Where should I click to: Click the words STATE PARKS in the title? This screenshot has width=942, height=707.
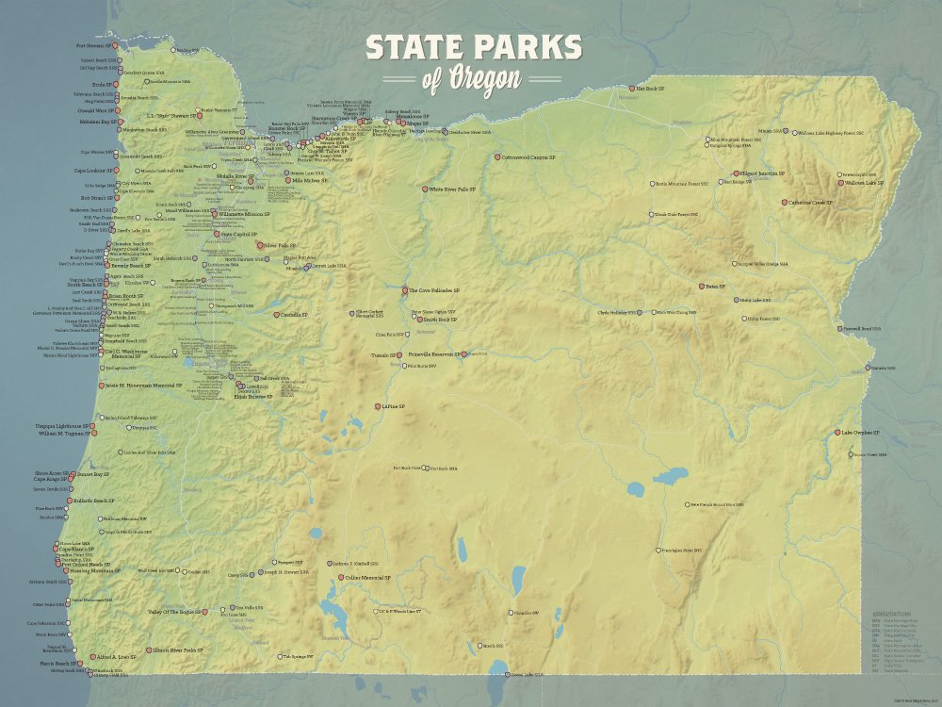[474, 49]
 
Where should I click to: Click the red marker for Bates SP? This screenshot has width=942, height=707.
[702, 286]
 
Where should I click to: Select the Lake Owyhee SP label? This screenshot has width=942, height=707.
[853, 433]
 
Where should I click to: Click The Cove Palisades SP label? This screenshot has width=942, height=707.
[435, 290]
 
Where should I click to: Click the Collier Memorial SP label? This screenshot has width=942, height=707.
[367, 577]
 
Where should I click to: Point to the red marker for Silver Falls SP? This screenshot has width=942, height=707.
[273, 245]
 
